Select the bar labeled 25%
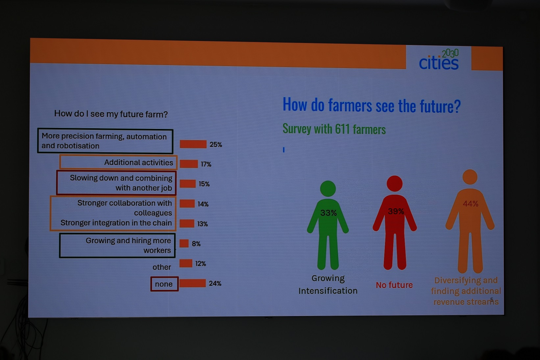point(193,144)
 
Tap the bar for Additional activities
point(189,164)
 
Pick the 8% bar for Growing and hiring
point(184,243)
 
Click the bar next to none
point(193,283)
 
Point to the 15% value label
point(204,184)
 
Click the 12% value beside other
point(201,264)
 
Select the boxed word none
point(164,284)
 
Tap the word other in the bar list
point(161,267)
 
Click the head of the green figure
point(328,188)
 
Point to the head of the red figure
point(395,183)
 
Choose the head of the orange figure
point(470,177)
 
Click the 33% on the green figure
point(328,213)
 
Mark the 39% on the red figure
point(396,211)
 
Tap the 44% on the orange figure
point(471,204)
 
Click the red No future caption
point(394,285)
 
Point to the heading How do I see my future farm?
point(111,114)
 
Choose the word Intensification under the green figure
point(328,291)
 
